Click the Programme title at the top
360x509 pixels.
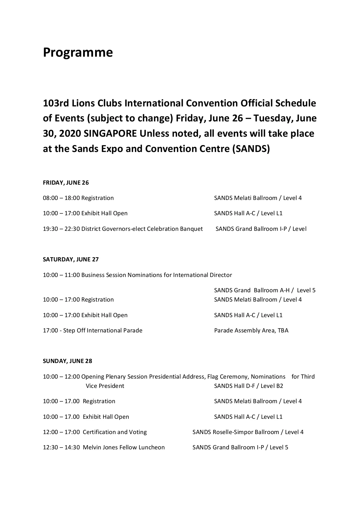coord(78,53)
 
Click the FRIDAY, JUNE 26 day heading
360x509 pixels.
coord(66,183)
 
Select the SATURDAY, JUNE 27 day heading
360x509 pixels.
coord(70,259)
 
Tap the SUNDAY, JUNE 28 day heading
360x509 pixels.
coord(67,361)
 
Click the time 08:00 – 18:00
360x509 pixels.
coord(61,198)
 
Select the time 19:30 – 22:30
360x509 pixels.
coord(61,229)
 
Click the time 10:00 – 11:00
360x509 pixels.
coord(61,275)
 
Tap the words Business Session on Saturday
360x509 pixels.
coord(104,275)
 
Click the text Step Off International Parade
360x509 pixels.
coord(103,330)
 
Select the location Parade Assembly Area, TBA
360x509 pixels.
coord(251,330)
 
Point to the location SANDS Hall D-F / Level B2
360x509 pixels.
coord(248,386)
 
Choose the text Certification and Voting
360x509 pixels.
coord(115,432)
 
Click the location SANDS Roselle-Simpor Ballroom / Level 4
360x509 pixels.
coord(248,432)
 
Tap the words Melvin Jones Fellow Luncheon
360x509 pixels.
coord(124,448)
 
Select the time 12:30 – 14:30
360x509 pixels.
coord(61,448)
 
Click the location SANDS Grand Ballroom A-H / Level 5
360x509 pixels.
coord(265,290)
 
